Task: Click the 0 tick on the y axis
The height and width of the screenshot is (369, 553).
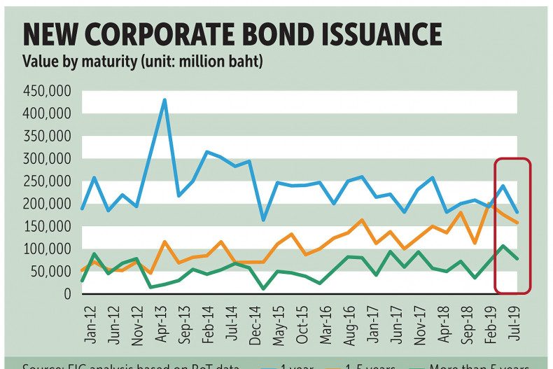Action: [69, 294]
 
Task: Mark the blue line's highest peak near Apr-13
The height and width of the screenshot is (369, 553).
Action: [164, 100]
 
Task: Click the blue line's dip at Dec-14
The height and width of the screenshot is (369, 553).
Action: [263, 220]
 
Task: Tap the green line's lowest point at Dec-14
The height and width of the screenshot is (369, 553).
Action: [263, 288]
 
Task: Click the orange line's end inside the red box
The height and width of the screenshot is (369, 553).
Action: [517, 223]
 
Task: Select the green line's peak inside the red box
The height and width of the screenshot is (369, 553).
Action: [503, 246]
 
